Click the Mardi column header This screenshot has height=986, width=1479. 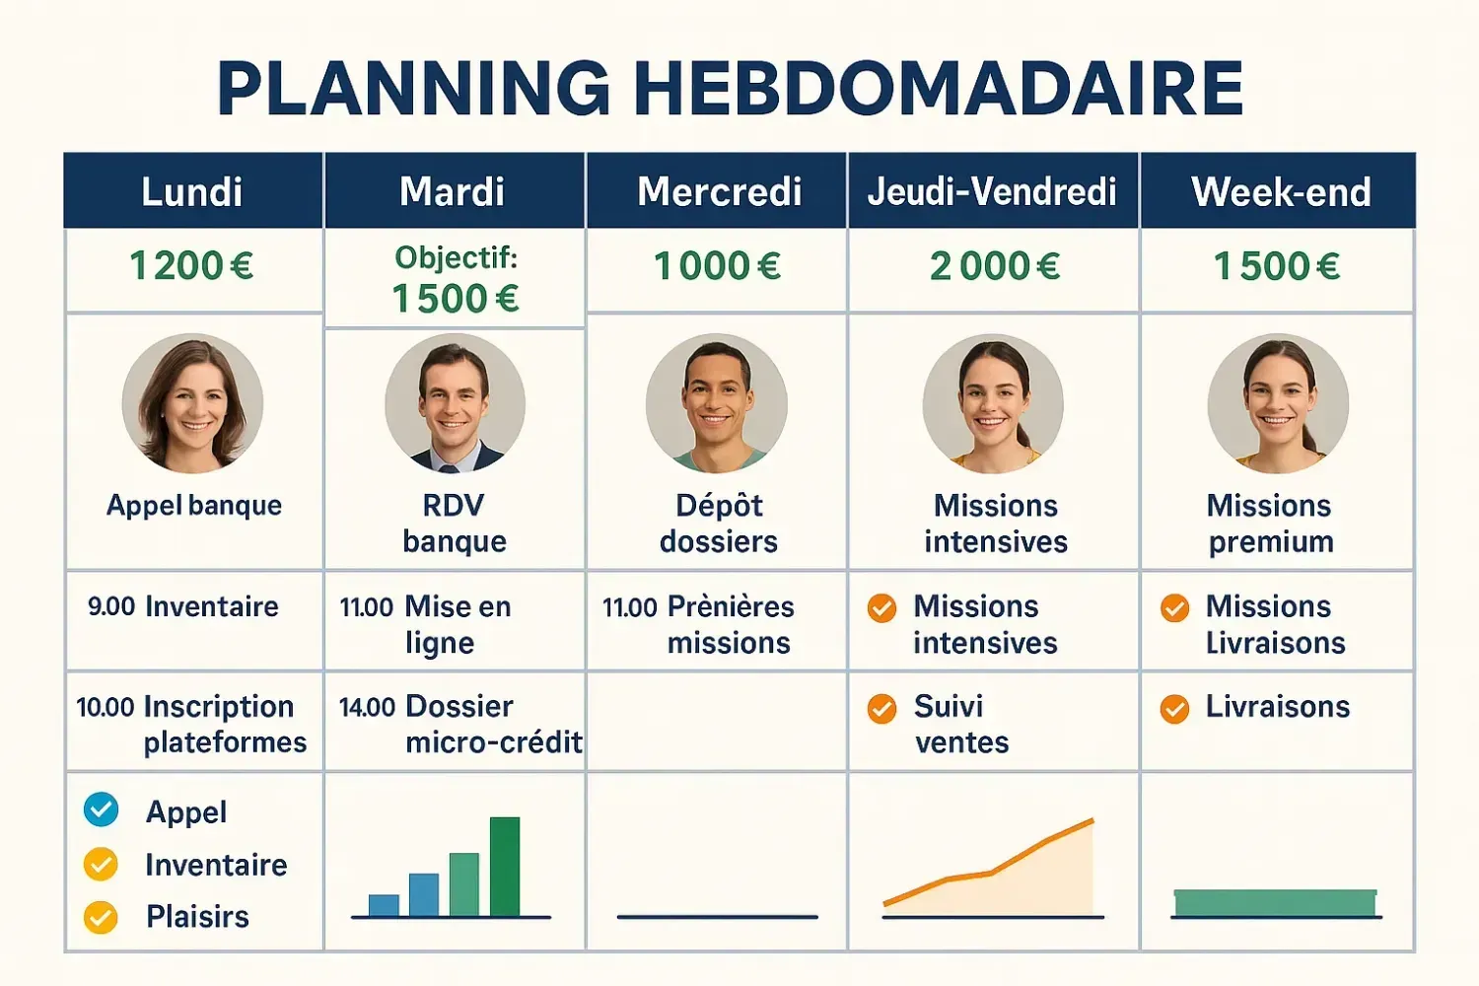[x=452, y=191]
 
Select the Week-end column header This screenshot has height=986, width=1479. [x=1281, y=191]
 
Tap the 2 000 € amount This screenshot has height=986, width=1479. [x=994, y=266]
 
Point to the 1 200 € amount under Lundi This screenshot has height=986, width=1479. [x=191, y=266]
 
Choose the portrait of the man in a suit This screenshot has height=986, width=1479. [x=455, y=403]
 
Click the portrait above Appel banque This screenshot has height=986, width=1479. [x=192, y=403]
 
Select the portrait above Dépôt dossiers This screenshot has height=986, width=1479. [x=717, y=403]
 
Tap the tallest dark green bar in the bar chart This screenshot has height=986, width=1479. [x=505, y=867]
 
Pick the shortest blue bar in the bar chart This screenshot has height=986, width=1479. [x=384, y=905]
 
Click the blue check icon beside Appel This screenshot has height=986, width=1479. [x=101, y=810]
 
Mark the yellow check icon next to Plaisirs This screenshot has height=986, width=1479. [x=101, y=917]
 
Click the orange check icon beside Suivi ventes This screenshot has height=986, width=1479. [x=882, y=709]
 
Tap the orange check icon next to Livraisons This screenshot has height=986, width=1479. [x=1174, y=709]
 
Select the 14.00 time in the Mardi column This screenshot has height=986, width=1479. [x=367, y=707]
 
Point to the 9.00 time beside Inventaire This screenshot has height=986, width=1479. [x=111, y=606]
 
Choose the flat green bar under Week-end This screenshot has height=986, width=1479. [x=1276, y=903]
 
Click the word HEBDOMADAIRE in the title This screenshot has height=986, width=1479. [x=939, y=89]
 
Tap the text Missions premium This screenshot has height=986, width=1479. [x=1270, y=524]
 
